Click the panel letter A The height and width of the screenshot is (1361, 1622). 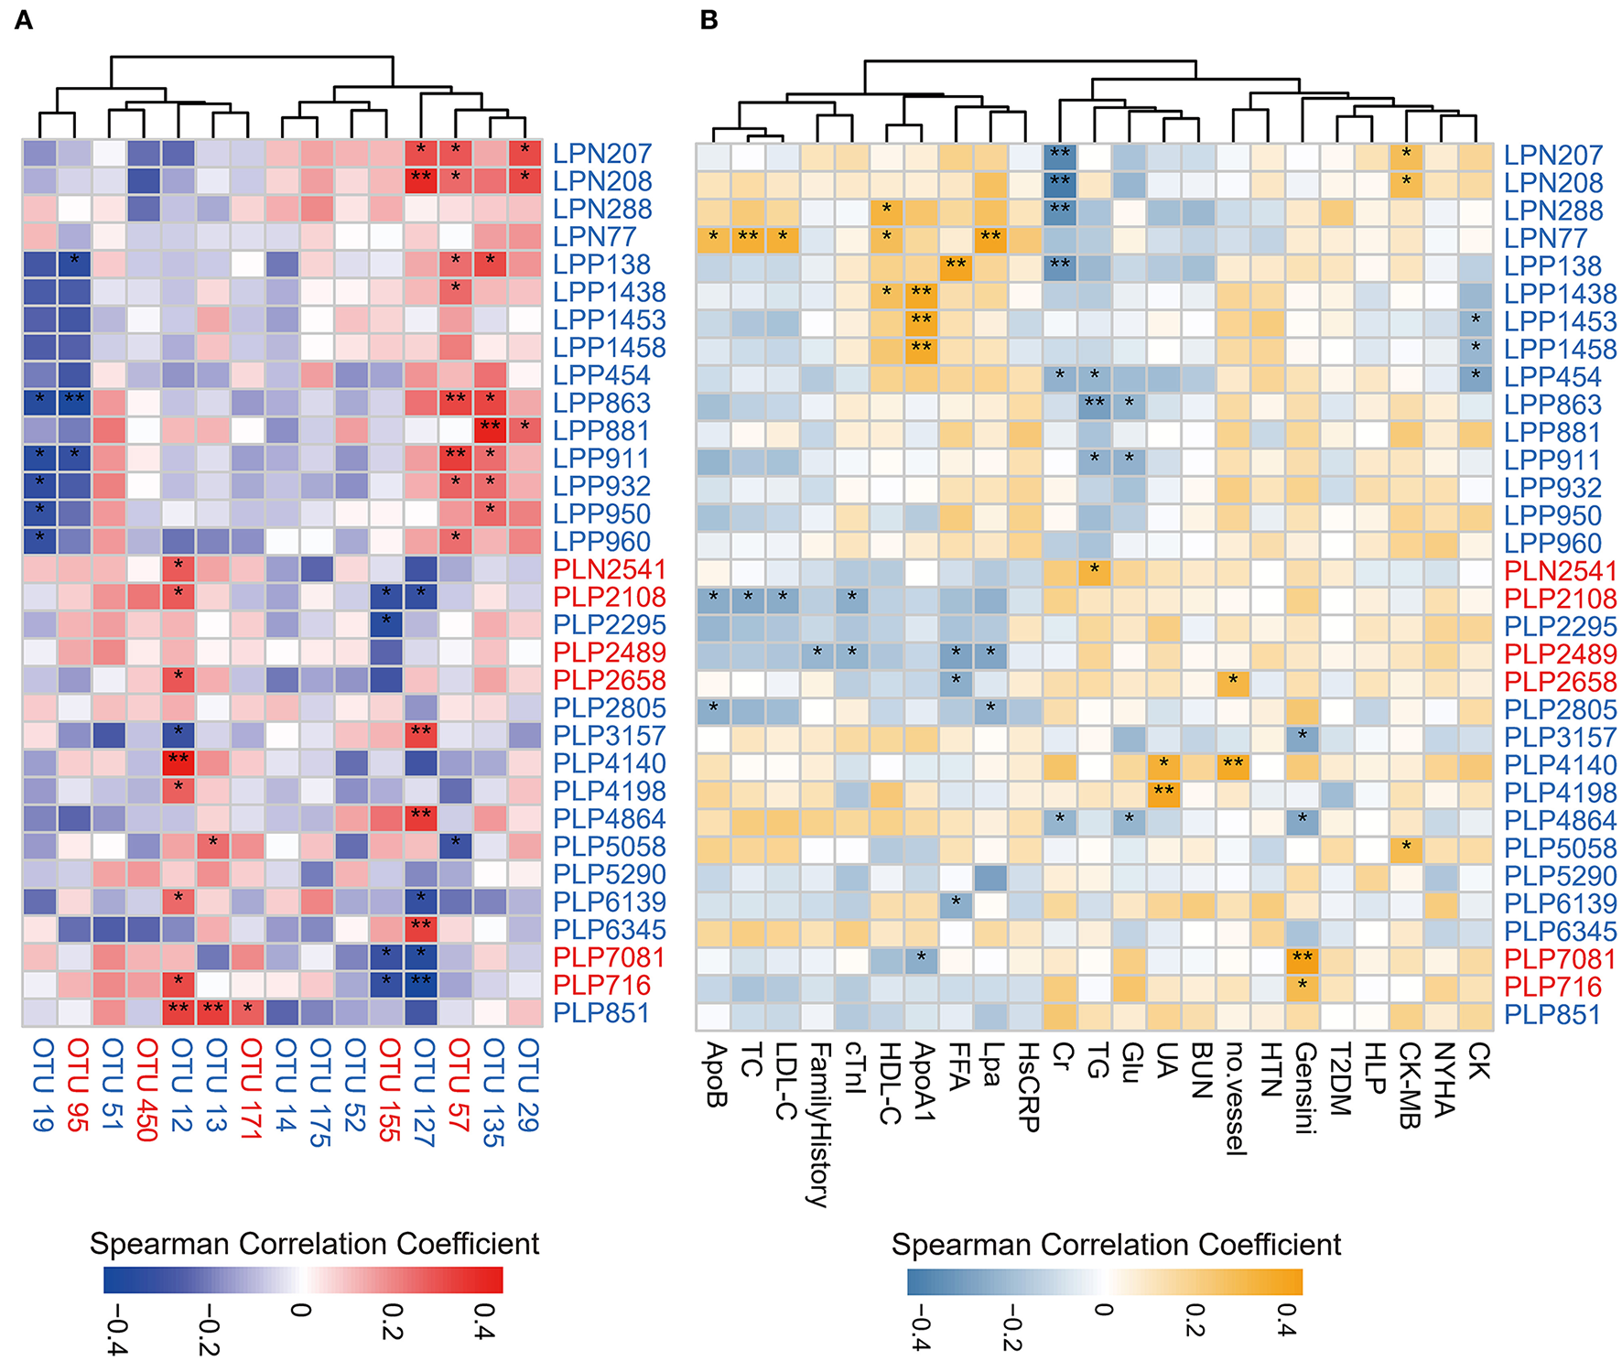coord(24,20)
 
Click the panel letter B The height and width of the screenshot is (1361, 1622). coord(708,20)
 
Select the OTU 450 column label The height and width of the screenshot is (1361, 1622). coord(146,1089)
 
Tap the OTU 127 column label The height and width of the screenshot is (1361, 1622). coord(423,1092)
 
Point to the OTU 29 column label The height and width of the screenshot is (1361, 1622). coord(527,1085)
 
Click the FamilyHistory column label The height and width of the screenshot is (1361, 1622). coord(818,1124)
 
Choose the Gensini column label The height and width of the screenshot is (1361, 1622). coord(1304,1088)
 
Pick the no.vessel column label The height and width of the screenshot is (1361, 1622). coord(1235,1098)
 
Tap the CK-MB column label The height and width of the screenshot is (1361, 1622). coord(1409,1085)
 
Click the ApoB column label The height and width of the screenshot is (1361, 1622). coord(714,1075)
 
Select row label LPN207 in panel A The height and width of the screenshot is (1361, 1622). coord(601,154)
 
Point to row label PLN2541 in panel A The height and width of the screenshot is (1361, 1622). coord(609,569)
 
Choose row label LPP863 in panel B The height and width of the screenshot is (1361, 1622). coord(1552,405)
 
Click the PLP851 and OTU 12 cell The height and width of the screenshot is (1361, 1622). coord(179,1012)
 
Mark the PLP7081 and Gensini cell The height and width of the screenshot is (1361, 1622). coord(1302,959)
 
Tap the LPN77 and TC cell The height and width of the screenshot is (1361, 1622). coord(749,239)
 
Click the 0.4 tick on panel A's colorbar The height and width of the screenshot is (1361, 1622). coord(483,1322)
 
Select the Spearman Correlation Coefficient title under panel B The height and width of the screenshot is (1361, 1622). coord(1116,1245)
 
